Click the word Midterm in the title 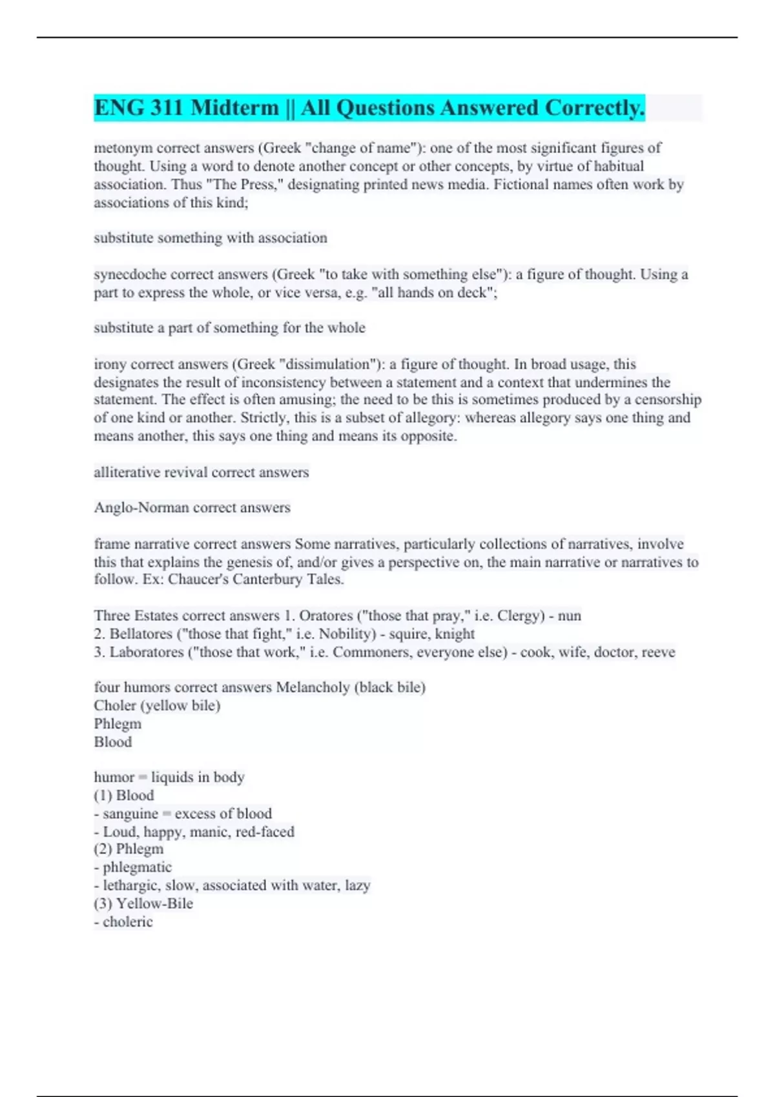click(234, 108)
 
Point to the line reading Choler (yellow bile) click(157, 705)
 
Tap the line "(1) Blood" click(124, 796)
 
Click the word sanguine click(130, 814)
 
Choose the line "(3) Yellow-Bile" click(143, 903)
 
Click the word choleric click(128, 921)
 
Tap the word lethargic click(131, 885)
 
